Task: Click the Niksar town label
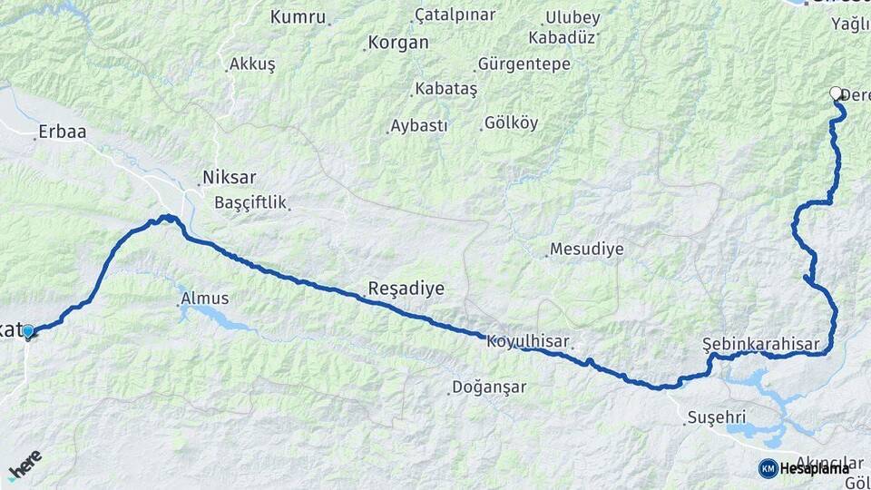230,178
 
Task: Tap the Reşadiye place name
406,289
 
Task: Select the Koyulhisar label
527,341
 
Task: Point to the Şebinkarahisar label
761,345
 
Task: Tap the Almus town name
205,299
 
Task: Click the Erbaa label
61,132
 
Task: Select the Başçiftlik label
250,202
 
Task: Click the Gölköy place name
511,122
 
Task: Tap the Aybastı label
418,126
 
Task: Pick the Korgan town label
397,43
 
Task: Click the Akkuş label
251,64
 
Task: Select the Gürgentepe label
524,64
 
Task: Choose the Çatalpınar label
455,15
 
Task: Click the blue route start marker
28,332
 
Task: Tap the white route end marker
836,93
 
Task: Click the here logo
24,465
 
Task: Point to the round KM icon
768,468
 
